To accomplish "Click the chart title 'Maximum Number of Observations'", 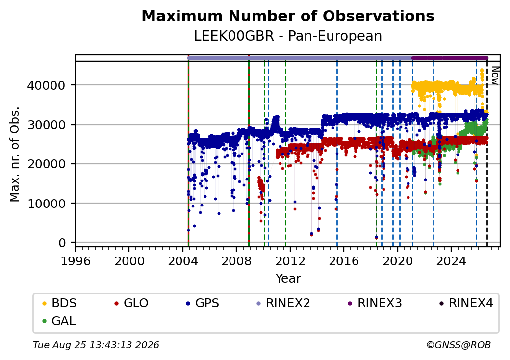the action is pyautogui.click(x=288, y=16).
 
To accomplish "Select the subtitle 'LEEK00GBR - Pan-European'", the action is pyautogui.click(x=288, y=36).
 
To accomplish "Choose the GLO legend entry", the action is pyautogui.click(x=131, y=303).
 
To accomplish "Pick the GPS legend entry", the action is pyautogui.click(x=203, y=303).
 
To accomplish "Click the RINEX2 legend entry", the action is pyautogui.click(x=283, y=303).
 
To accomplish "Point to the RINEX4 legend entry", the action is pyautogui.click(x=466, y=303).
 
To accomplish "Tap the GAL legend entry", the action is pyautogui.click(x=59, y=321).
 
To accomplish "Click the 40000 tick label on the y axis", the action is pyautogui.click(x=47, y=85).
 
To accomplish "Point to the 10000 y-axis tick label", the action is pyautogui.click(x=47, y=204).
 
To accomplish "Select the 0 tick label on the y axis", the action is pyautogui.click(x=62, y=243).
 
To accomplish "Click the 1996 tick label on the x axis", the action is pyautogui.click(x=76, y=261).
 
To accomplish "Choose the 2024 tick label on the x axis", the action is pyautogui.click(x=451, y=261).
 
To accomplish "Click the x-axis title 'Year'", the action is pyautogui.click(x=288, y=279).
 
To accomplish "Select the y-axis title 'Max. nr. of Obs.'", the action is pyautogui.click(x=15, y=154).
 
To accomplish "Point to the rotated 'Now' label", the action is pyautogui.click(x=495, y=76).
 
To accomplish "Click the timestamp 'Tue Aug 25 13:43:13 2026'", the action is pyautogui.click(x=96, y=345).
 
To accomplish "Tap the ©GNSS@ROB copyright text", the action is pyautogui.click(x=459, y=345).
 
